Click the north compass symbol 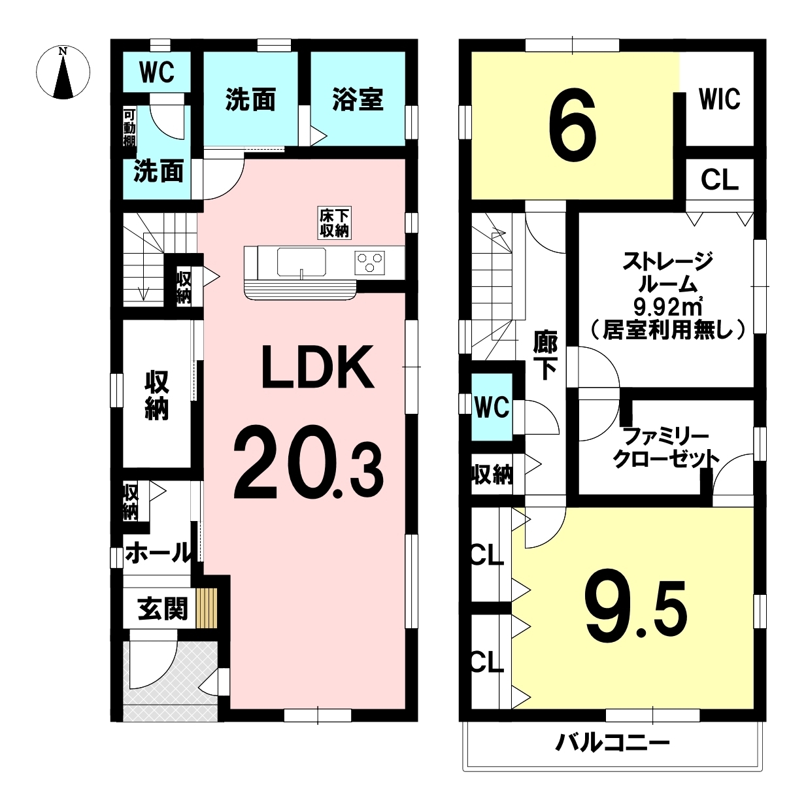point(63,73)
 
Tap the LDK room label point(318,367)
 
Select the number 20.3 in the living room point(309,463)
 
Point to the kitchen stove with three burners point(370,263)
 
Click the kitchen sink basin point(301,262)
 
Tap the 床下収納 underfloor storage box point(335,223)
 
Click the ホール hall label point(159,553)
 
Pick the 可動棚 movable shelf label point(129,128)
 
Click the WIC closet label point(720,99)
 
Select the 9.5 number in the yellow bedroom point(636,611)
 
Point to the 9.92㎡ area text point(667,309)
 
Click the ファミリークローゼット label point(666,449)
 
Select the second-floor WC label point(492,407)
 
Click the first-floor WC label point(157,73)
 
